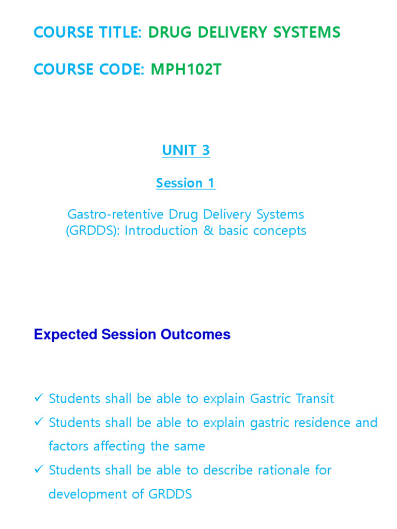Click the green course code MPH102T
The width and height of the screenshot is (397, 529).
(186, 69)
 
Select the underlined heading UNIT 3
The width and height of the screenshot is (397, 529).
(186, 150)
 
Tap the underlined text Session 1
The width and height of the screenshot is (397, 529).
(186, 183)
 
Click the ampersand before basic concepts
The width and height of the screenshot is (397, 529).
(208, 230)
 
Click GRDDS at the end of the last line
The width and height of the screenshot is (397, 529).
(170, 494)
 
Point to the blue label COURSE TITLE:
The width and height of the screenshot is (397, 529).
(88, 33)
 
